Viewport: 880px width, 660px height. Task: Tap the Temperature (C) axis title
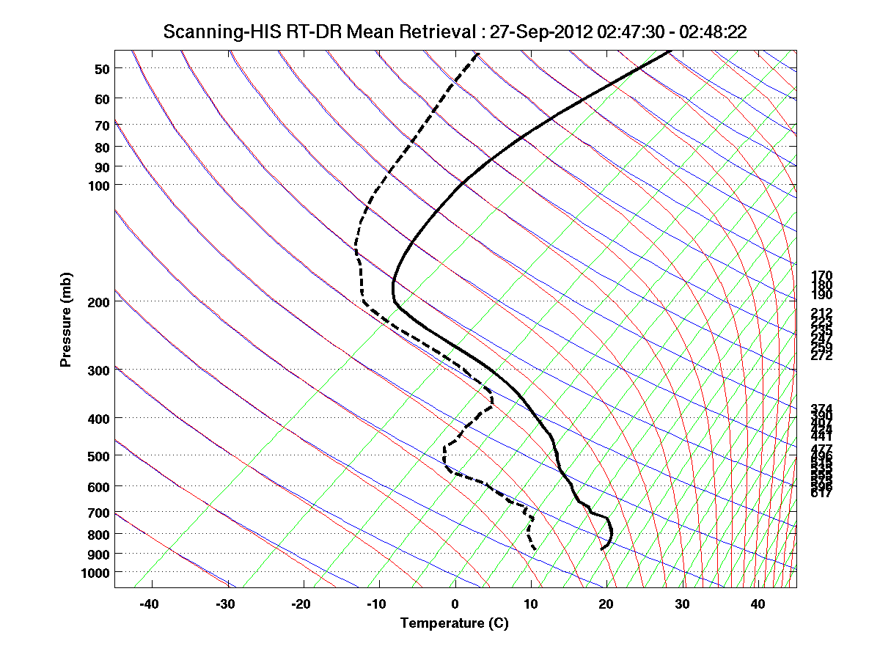(x=454, y=623)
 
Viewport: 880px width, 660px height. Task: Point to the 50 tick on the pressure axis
(x=102, y=69)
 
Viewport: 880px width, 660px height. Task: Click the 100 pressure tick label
(x=99, y=185)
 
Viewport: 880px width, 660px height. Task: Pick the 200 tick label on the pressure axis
(x=99, y=302)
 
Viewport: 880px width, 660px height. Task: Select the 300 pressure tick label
(x=99, y=370)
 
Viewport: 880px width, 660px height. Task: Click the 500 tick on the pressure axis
(x=99, y=456)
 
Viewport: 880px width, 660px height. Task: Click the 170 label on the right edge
(x=821, y=276)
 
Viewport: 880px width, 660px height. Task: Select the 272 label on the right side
(x=821, y=356)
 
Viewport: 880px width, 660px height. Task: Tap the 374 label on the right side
(x=821, y=408)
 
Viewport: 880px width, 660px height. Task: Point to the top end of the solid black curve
(x=670, y=51)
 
